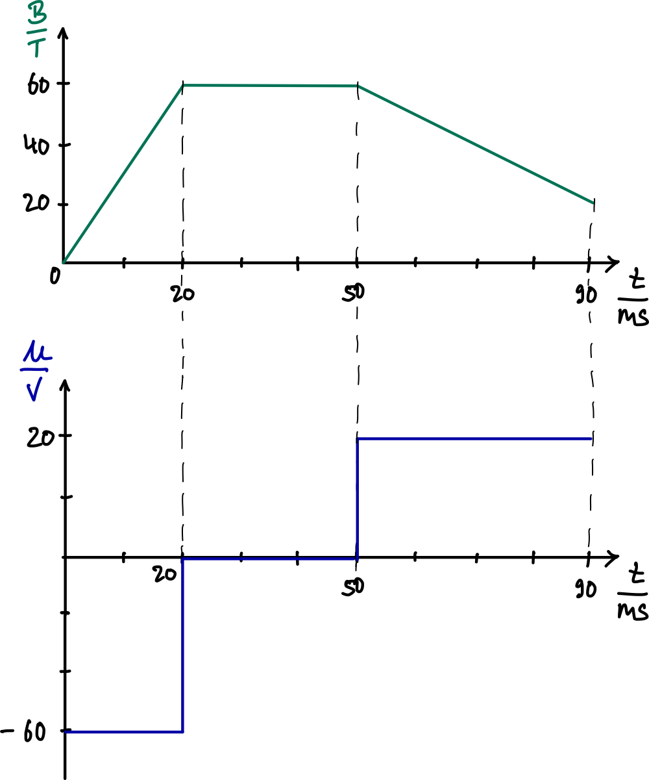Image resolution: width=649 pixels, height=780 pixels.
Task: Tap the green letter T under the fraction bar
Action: (36, 47)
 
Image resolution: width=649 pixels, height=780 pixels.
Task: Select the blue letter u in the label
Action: (37, 353)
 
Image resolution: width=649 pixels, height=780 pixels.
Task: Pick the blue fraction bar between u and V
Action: (35, 370)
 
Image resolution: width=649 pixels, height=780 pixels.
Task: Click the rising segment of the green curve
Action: (123, 174)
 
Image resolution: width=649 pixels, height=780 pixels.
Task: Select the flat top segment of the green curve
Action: (270, 86)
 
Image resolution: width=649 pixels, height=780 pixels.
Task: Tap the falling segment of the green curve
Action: (475, 144)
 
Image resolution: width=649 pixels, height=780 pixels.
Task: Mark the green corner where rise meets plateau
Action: (184, 85)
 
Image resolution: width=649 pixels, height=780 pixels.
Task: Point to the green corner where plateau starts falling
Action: (358, 86)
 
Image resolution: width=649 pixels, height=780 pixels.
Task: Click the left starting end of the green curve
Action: (64, 262)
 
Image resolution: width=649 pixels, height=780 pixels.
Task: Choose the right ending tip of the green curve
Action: (593, 203)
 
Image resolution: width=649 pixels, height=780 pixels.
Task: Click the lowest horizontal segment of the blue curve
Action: (124, 732)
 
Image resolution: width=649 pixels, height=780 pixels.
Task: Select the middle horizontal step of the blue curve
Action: (270, 559)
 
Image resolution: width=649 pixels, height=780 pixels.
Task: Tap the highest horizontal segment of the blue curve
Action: (475, 439)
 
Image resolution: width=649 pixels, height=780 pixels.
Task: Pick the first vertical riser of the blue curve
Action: (183, 645)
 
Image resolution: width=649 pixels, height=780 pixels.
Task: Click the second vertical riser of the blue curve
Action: (358, 499)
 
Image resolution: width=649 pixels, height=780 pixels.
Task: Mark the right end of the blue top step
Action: (592, 439)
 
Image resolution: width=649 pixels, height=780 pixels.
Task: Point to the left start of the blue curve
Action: (66, 732)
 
